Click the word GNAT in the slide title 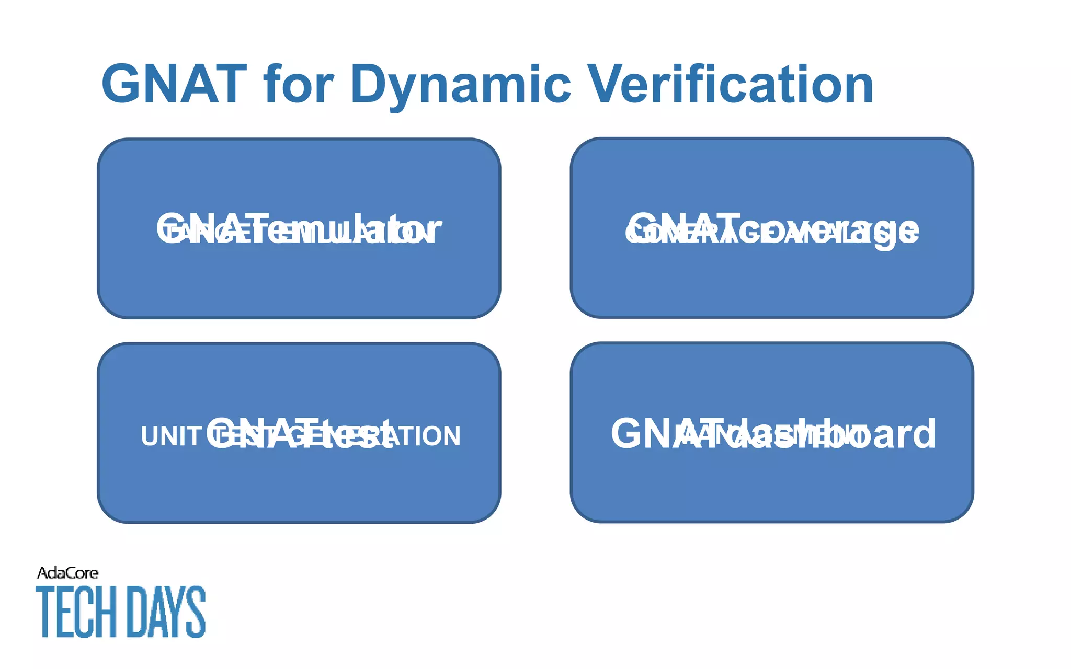point(174,84)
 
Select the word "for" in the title point(299,84)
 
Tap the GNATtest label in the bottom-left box point(300,433)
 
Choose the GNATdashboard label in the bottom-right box point(773,433)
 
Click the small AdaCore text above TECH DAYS point(67,573)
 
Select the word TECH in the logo point(76,612)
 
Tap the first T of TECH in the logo point(44,612)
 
